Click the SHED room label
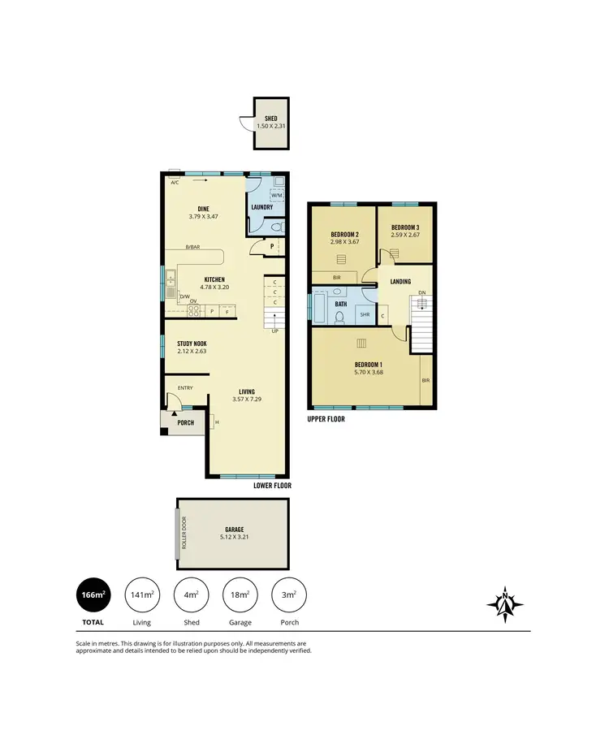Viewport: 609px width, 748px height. (x=271, y=119)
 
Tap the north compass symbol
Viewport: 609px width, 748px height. (x=505, y=603)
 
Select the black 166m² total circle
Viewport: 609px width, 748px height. (x=93, y=595)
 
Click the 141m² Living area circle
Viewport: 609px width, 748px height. (x=141, y=595)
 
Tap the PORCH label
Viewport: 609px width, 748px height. (x=186, y=422)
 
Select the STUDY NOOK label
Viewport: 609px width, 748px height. (x=192, y=344)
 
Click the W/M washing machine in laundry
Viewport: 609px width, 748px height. (x=275, y=195)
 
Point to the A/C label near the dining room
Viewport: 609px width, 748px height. (x=175, y=183)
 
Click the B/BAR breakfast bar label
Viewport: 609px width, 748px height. (x=192, y=248)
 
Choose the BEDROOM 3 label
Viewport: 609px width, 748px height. (x=405, y=227)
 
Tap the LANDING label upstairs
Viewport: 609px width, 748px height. (x=400, y=282)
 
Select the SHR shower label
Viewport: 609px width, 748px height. (x=365, y=314)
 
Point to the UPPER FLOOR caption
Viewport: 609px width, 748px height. (x=326, y=420)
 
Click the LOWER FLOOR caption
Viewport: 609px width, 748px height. (x=271, y=485)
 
